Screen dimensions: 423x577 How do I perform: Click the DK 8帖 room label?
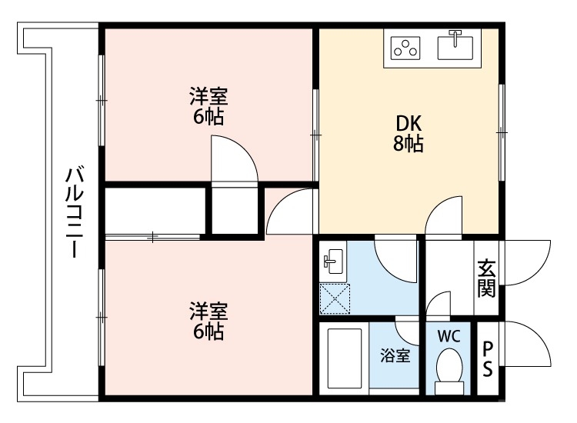(409, 134)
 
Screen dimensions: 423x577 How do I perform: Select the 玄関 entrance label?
(485, 278)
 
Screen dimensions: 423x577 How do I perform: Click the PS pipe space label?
(488, 359)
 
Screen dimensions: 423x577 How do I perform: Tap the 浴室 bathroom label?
(395, 356)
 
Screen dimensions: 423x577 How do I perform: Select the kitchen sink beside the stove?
(456, 45)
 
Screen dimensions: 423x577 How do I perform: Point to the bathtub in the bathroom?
(344, 360)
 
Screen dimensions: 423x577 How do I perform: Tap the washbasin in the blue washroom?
(333, 261)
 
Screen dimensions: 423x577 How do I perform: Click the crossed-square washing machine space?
(335, 299)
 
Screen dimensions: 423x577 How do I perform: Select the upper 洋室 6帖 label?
(208, 107)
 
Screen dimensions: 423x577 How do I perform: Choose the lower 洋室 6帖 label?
(208, 321)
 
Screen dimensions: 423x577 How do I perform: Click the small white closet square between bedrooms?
(234, 210)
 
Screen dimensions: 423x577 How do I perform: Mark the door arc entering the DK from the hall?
(444, 217)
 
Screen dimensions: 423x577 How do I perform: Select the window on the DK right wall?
(502, 132)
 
